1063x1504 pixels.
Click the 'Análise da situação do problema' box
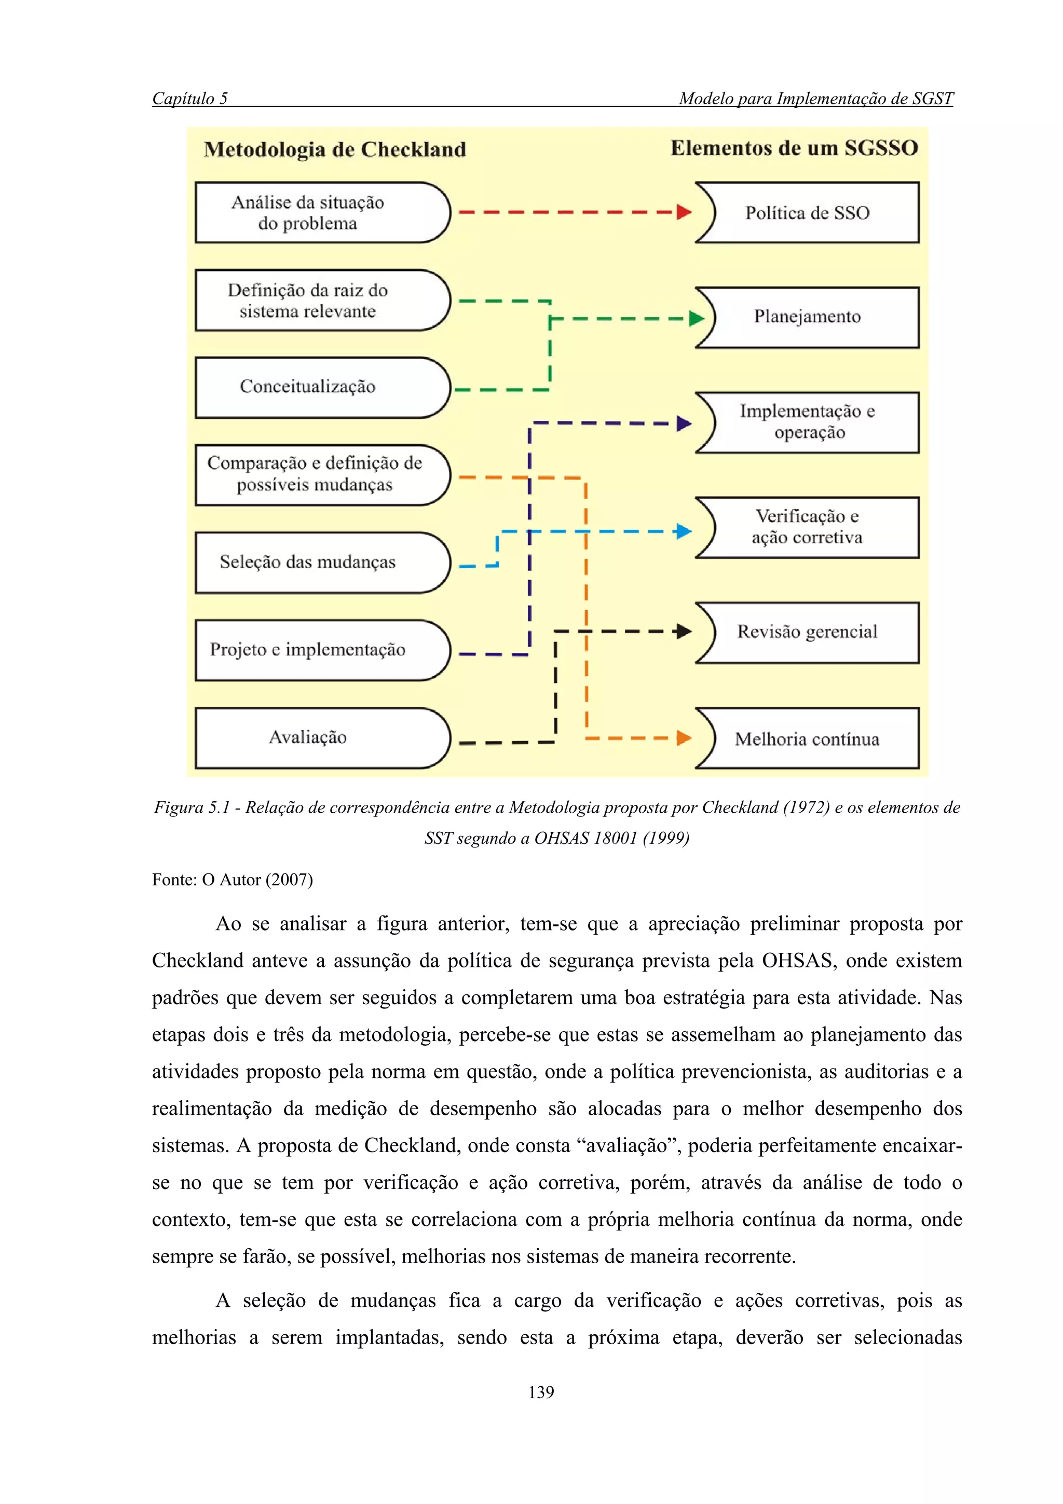(x=321, y=212)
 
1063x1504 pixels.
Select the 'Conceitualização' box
(x=321, y=387)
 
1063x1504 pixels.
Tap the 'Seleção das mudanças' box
(x=321, y=562)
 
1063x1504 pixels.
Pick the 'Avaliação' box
(x=321, y=737)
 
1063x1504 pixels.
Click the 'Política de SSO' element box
(x=808, y=213)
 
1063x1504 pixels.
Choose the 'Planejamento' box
(x=808, y=317)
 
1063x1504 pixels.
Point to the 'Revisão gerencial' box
(x=808, y=632)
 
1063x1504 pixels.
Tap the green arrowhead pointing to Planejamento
(x=696, y=319)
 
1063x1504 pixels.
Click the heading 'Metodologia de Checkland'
(x=335, y=150)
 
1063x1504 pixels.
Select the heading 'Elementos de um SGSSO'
(x=794, y=148)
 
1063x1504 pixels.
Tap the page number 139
(x=541, y=1392)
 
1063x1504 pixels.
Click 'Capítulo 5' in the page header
(x=190, y=98)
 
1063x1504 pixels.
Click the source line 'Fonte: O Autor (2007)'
(x=233, y=880)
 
